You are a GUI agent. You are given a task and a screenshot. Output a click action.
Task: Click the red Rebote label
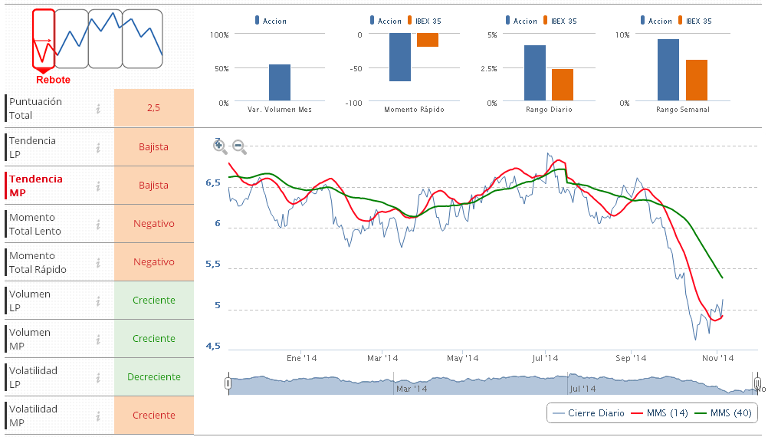(53, 80)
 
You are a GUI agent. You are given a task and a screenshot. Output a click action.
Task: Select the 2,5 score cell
(153, 108)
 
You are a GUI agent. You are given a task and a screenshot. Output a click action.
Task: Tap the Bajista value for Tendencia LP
(153, 146)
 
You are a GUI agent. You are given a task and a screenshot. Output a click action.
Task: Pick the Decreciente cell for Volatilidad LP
(153, 376)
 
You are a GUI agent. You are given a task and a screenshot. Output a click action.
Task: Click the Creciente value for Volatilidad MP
(153, 415)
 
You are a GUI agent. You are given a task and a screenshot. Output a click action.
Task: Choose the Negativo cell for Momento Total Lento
(153, 223)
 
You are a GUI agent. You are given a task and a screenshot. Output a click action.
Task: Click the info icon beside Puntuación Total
(98, 109)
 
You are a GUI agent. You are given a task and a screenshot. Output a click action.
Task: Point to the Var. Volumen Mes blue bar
(280, 82)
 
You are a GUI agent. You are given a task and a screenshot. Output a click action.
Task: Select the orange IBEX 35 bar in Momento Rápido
(428, 40)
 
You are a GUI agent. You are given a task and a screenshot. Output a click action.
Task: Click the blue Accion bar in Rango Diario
(535, 73)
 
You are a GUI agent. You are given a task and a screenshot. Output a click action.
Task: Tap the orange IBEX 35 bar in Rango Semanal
(697, 80)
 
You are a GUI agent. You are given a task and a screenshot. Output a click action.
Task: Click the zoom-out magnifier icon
(239, 146)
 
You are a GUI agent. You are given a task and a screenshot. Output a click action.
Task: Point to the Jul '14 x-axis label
(545, 358)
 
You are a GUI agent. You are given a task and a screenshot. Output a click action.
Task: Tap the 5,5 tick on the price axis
(213, 264)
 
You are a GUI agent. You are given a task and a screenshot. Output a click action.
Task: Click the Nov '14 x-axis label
(718, 358)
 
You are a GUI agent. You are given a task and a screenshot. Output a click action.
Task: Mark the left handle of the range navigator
(228, 383)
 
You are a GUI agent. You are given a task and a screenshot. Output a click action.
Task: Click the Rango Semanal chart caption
(682, 110)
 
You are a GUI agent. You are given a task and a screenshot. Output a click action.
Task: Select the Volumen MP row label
(31, 339)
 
